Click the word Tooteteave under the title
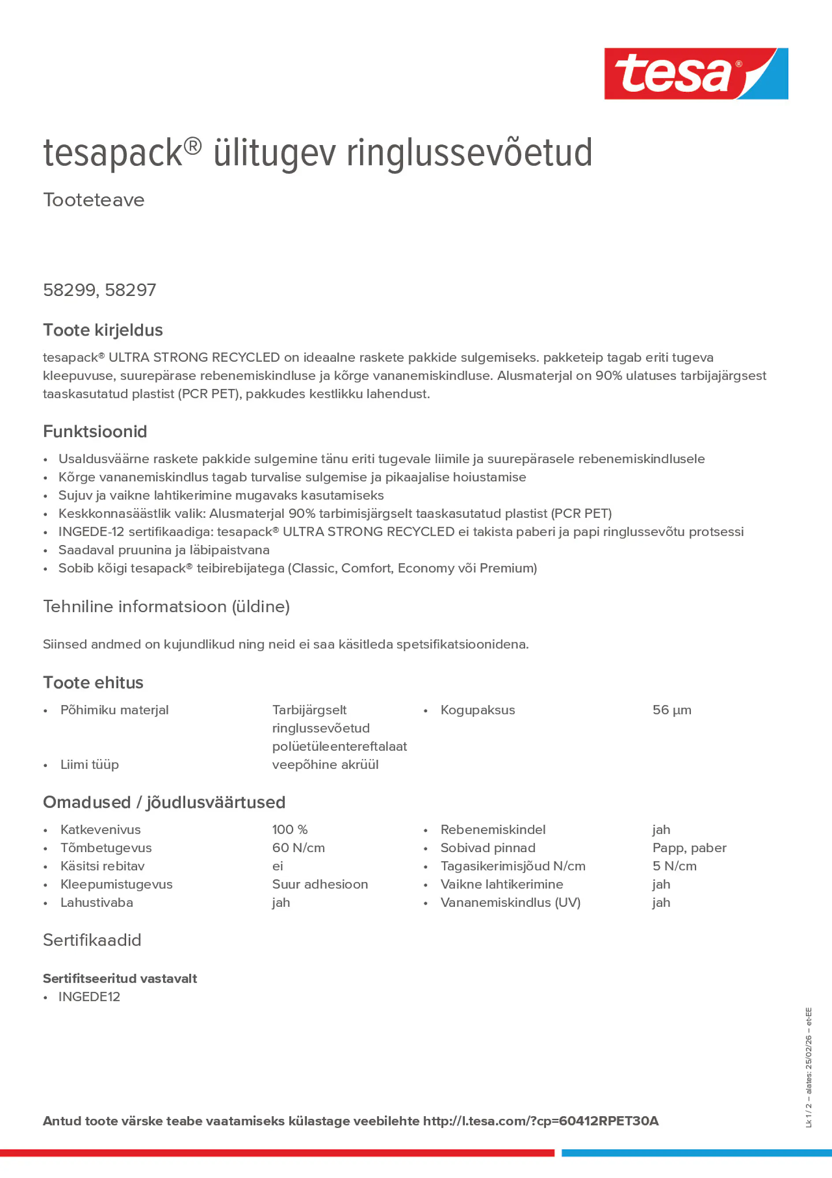(93, 200)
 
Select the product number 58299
(69, 290)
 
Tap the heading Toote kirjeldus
(103, 330)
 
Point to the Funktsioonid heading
(95, 431)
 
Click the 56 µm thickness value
(672, 710)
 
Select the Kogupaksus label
(477, 710)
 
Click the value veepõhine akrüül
(325, 764)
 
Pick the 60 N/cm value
(298, 848)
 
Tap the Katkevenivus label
(100, 830)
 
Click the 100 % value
(289, 830)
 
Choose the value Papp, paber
(689, 848)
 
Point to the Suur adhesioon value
(320, 884)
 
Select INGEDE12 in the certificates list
(89, 996)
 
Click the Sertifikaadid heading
(92, 940)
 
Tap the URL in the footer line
(540, 1121)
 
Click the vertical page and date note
(808, 1067)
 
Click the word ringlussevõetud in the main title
(469, 153)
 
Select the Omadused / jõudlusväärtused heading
(164, 802)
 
